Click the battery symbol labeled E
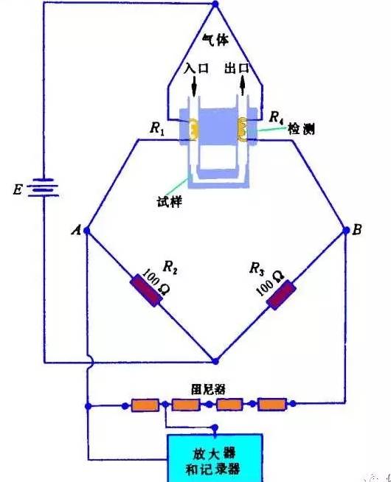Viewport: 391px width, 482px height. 44,187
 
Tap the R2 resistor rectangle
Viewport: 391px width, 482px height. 146,290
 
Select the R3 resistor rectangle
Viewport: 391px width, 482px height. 281,295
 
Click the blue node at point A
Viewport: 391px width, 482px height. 87,230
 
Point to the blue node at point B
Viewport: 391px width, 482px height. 346,230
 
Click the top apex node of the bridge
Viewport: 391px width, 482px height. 215,4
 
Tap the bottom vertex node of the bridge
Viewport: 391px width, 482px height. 215,361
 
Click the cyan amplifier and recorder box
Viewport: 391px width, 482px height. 215,458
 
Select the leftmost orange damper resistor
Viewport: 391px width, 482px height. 145,405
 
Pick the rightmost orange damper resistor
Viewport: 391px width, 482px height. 272,404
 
